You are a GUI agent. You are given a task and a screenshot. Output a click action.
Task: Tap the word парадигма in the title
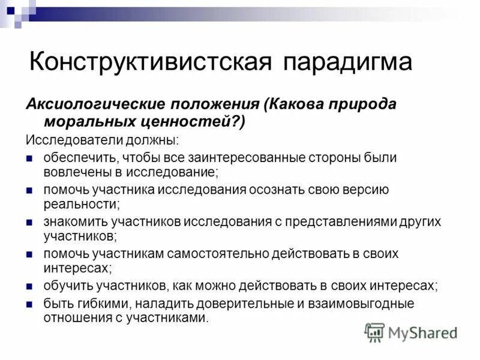344,62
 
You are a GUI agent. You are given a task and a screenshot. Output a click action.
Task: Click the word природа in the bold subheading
338,103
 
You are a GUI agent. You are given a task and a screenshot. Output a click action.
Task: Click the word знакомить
74,221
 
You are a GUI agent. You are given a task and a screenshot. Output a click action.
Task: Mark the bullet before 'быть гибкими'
29,303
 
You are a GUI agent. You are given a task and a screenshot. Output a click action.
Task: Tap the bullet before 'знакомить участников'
29,221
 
